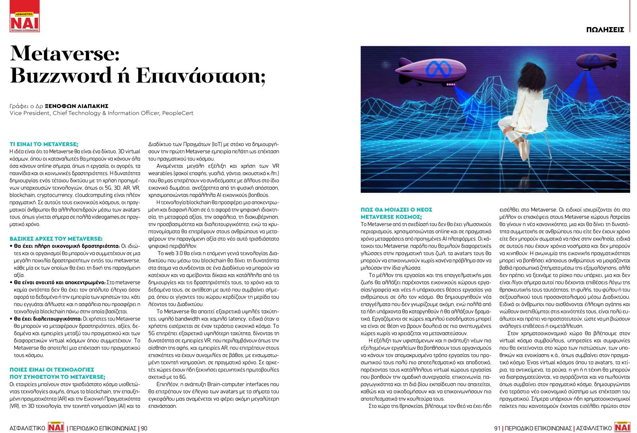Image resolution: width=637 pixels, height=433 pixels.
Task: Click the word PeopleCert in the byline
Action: pos(178,113)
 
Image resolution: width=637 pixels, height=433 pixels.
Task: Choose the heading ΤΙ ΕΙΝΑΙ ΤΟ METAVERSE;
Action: pos(44,144)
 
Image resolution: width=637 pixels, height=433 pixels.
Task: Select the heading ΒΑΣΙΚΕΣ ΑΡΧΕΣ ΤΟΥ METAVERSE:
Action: pos(56,238)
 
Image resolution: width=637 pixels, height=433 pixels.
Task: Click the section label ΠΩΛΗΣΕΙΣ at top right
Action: pos(605,30)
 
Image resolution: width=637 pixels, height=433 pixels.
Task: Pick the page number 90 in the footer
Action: pos(144,428)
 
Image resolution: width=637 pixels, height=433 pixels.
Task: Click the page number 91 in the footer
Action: pos(497,428)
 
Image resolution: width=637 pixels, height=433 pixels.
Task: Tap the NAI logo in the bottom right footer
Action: pos(622,427)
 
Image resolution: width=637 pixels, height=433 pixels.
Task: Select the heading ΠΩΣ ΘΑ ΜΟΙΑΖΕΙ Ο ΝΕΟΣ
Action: pos(396,209)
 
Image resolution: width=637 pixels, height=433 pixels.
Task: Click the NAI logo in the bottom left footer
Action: pos(56,427)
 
